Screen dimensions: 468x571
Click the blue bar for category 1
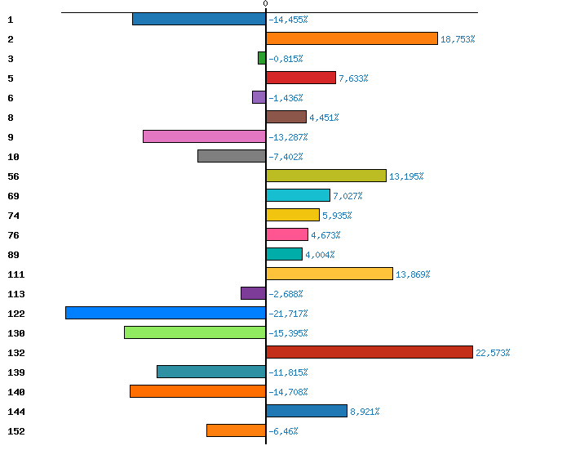click(199, 19)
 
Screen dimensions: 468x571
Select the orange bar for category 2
click(352, 38)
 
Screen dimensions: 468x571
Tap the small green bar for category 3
click(262, 58)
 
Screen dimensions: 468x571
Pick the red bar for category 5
click(301, 78)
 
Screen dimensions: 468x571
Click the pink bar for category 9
click(204, 136)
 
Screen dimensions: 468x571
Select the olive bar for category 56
click(326, 176)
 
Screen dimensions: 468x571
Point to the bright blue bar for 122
click(166, 313)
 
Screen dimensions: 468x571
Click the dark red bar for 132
click(370, 352)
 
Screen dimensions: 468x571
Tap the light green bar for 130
click(195, 332)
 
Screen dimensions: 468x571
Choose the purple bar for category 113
click(253, 293)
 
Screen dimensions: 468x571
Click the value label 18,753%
click(458, 39)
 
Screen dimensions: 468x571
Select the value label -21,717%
click(288, 314)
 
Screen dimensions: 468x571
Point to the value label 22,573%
click(493, 353)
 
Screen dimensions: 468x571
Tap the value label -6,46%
click(283, 431)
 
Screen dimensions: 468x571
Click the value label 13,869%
click(413, 274)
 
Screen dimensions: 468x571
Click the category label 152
click(16, 431)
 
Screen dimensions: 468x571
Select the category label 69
click(13, 196)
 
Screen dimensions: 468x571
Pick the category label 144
click(16, 412)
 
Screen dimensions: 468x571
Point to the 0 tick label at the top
click(265, 4)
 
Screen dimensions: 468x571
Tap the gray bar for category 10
click(232, 156)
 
